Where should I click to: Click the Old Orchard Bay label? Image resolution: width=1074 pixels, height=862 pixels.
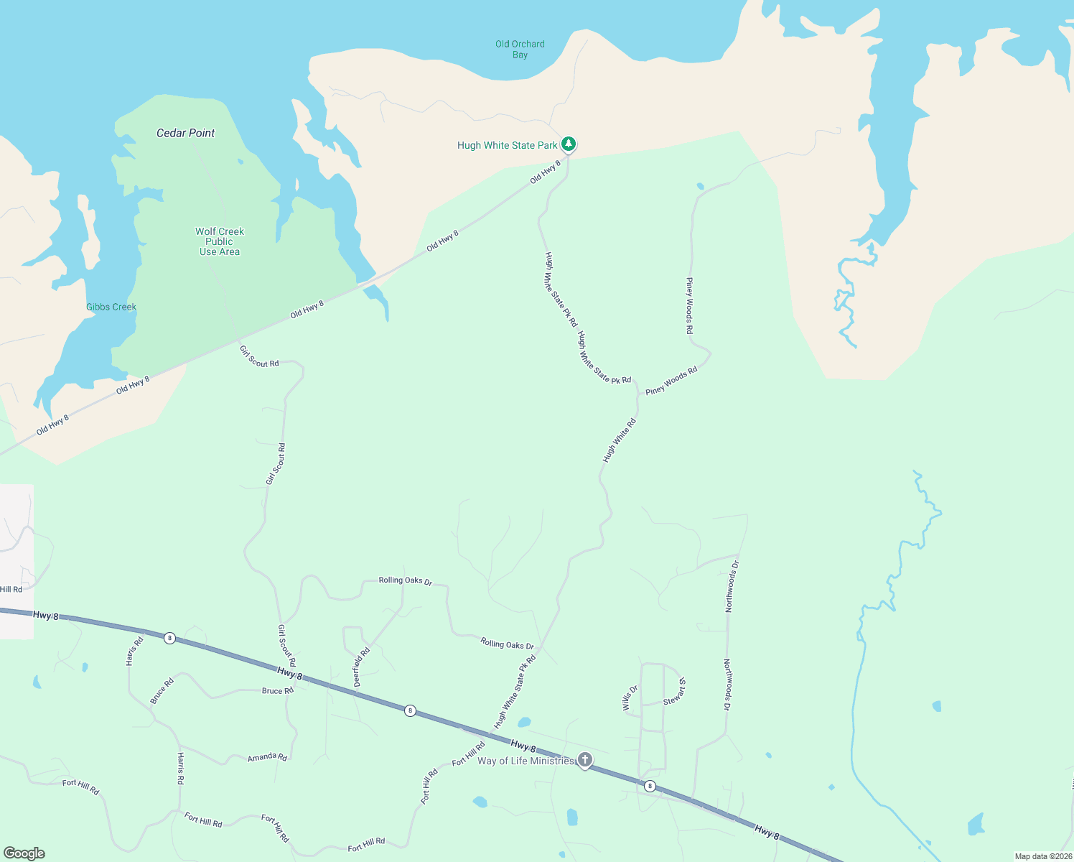[520, 49]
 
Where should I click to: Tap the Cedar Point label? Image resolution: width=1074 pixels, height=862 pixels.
[186, 133]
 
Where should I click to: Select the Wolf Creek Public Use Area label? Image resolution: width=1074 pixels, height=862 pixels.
[220, 241]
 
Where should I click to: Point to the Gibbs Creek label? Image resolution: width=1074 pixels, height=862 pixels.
[111, 307]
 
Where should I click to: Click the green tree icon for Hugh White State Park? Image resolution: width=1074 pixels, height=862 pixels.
[569, 144]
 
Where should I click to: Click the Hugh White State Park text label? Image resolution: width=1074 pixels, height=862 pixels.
[507, 145]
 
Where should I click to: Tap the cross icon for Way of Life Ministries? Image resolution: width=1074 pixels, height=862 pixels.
[585, 760]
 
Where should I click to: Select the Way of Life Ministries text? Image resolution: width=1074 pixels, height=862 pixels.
[526, 761]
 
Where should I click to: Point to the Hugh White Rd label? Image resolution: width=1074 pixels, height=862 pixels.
[620, 440]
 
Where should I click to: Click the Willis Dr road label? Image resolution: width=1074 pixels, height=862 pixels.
[630, 698]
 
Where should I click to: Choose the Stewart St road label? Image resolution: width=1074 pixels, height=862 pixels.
[675, 692]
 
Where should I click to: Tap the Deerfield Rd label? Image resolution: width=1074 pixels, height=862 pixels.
[362, 667]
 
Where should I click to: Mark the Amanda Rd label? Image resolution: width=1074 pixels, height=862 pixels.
[267, 757]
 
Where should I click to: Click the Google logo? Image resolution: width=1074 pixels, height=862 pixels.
[24, 853]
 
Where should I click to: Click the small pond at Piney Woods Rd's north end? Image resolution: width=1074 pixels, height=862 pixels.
[700, 186]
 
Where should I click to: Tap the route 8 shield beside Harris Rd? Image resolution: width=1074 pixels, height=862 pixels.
[169, 638]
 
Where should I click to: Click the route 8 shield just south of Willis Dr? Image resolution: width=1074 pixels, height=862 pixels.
[650, 786]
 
